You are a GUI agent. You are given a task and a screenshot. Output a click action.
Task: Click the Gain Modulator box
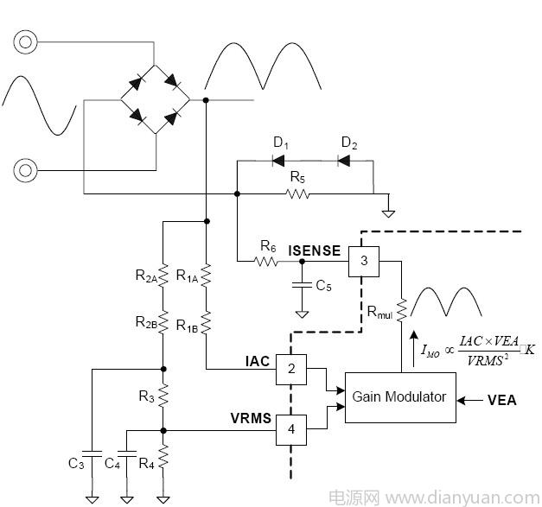(x=399, y=397)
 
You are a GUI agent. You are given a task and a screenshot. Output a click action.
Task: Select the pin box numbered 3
(x=365, y=260)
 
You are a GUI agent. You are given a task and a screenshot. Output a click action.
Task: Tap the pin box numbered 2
(x=291, y=370)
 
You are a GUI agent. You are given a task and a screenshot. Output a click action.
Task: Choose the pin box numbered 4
(x=291, y=428)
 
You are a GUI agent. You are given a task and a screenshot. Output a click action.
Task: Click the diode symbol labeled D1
(x=278, y=161)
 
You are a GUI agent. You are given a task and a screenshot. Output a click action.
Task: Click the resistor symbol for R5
(x=297, y=194)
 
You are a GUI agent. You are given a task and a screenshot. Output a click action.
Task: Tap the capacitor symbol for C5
(x=302, y=282)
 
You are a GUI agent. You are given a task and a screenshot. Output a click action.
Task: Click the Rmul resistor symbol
(x=401, y=309)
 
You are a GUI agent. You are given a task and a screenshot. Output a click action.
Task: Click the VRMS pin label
(x=251, y=419)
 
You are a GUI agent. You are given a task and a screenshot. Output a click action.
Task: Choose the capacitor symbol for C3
(x=92, y=452)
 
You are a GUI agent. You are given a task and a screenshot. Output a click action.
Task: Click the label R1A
(x=187, y=276)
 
